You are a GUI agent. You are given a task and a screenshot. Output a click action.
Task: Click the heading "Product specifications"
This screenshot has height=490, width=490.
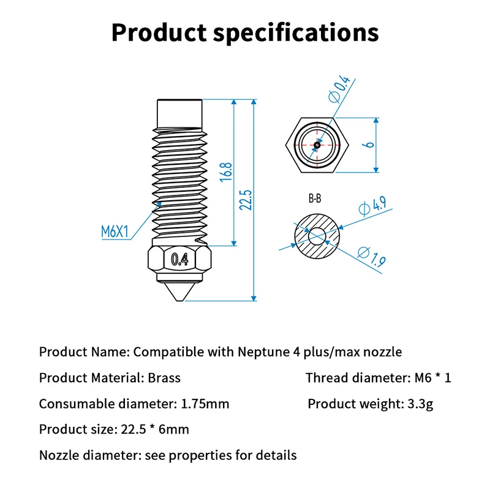(245, 32)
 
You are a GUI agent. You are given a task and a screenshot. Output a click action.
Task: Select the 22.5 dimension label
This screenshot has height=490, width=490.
(247, 200)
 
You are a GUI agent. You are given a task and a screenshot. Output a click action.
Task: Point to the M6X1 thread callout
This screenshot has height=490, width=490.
(115, 232)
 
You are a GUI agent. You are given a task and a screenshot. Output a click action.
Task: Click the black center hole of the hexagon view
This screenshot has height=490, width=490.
(316, 145)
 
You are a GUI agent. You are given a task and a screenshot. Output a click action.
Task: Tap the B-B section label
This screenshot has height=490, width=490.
(315, 199)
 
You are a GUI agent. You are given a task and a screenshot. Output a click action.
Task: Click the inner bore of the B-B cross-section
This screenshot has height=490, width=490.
(317, 235)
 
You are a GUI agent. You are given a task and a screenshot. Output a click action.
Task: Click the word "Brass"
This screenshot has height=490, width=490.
(164, 378)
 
